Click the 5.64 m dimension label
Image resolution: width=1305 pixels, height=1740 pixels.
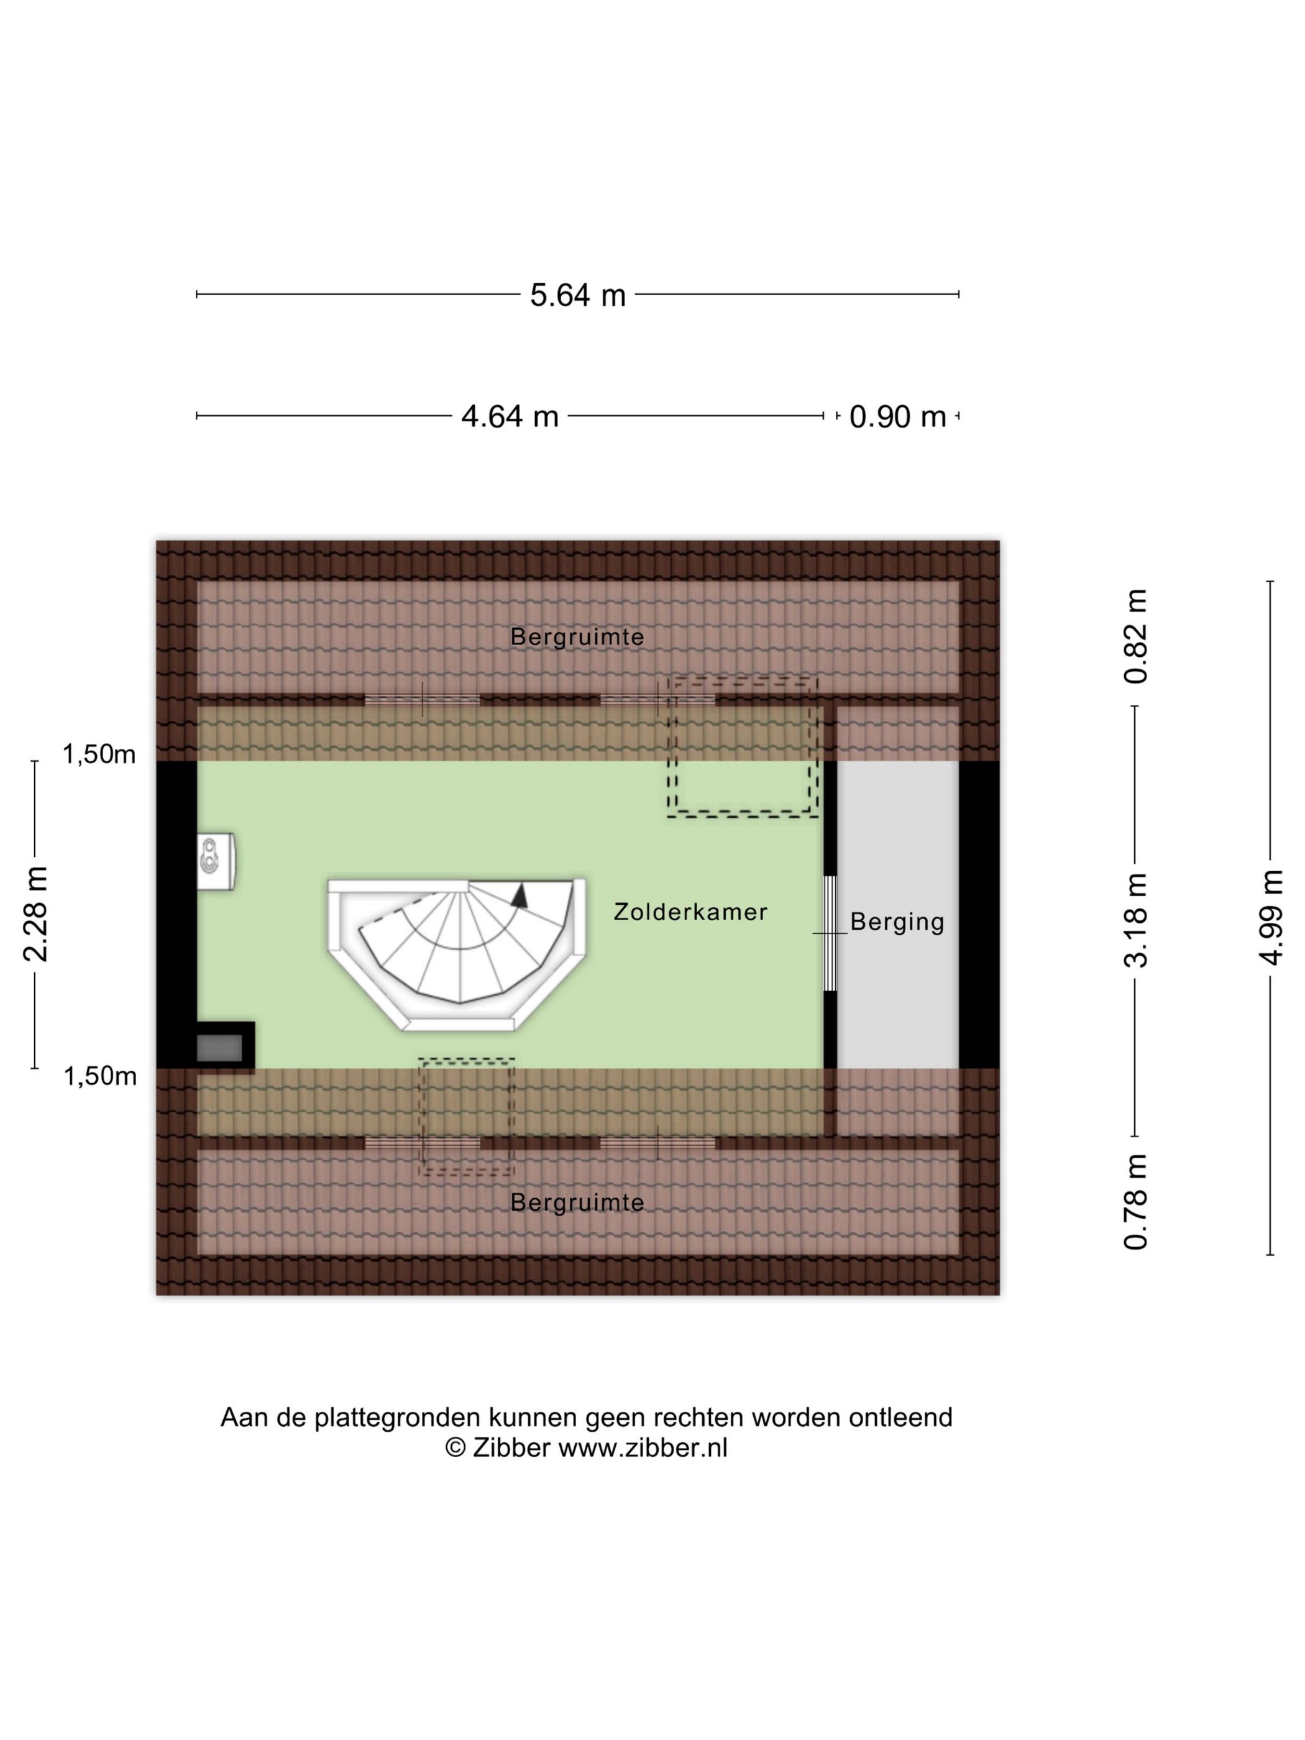click(577, 295)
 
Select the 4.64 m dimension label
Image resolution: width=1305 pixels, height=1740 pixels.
click(510, 416)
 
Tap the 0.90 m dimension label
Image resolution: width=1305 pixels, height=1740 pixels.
click(897, 416)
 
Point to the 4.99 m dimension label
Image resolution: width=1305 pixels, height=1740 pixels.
click(1270, 917)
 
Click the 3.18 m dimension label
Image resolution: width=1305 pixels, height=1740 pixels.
click(1136, 920)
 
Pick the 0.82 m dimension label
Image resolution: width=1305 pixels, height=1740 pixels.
click(1136, 636)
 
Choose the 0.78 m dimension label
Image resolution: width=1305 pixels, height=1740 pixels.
click(1136, 1202)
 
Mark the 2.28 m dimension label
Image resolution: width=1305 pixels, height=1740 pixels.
click(35, 914)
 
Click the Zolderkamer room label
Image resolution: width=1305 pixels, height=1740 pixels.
click(690, 912)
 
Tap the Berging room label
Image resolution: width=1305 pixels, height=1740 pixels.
click(897, 922)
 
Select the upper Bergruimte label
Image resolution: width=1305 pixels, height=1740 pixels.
click(577, 636)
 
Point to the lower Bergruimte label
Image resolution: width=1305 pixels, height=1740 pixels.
click(577, 1202)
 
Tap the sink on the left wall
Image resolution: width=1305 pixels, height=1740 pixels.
click(216, 861)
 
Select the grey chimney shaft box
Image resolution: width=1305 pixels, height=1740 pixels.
click(219, 1048)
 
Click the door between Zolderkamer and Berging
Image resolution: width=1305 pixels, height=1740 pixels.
click(830, 933)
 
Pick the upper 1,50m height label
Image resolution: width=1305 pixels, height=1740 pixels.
click(99, 754)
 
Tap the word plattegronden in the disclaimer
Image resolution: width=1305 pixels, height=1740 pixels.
click(397, 1417)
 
